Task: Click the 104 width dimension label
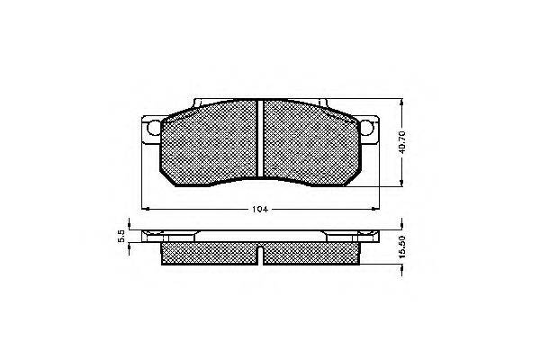coord(260,209)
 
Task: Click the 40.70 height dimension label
coord(404,142)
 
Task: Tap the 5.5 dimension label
coord(121,237)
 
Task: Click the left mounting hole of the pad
coord(154,128)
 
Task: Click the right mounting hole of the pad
coord(366,128)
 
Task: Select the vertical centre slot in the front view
coord(260,139)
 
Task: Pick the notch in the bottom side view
coord(260,256)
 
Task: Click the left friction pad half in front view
coord(209,142)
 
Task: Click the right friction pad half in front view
coord(312,142)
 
